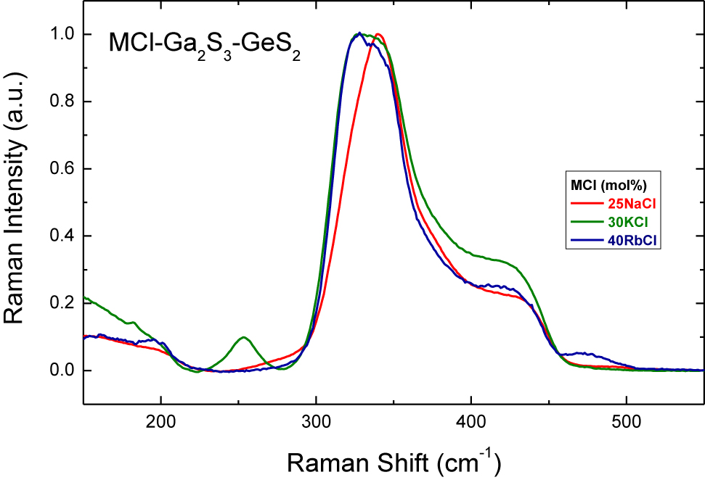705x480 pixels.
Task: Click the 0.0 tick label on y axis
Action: click(x=62, y=371)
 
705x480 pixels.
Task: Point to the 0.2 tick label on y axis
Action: click(x=62, y=303)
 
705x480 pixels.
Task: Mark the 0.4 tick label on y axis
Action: click(x=62, y=236)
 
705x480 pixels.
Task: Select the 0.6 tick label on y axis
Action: click(x=62, y=169)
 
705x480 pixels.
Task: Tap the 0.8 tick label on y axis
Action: click(x=62, y=102)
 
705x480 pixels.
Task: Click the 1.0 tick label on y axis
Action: click(x=62, y=35)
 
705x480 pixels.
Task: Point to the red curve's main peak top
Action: click(x=378, y=34)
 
